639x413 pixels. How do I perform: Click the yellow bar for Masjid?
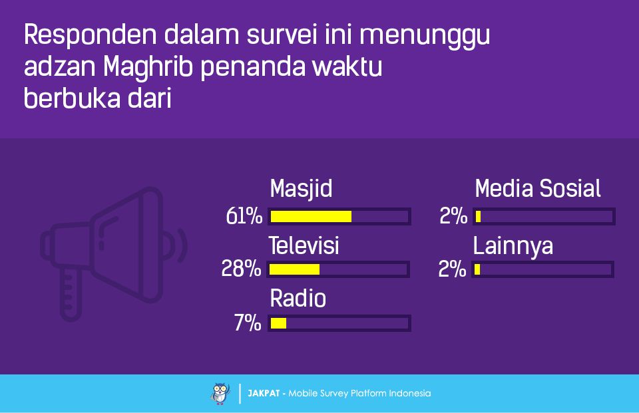[311, 216]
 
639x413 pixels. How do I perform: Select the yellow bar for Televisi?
[295, 269]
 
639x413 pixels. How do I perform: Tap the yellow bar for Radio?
[278, 323]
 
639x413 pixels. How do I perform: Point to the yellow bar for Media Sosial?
[478, 216]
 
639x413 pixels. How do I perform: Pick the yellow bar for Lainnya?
[477, 269]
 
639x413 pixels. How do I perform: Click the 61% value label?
[244, 216]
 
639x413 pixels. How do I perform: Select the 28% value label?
[241, 269]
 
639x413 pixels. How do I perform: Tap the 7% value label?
[248, 323]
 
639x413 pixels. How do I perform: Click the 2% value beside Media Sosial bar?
[453, 216]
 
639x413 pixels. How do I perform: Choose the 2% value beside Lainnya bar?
[452, 269]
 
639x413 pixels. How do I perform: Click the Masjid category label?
[301, 190]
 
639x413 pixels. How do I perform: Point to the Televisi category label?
[304, 245]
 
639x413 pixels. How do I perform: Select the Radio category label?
[298, 299]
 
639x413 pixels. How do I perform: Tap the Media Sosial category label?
[538, 189]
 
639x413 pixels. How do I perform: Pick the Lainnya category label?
[513, 247]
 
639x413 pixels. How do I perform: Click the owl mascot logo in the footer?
[220, 394]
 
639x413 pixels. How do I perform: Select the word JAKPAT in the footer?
[264, 394]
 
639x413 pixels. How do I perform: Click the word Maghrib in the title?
[148, 67]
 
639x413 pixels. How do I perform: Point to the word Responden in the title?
[91, 35]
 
